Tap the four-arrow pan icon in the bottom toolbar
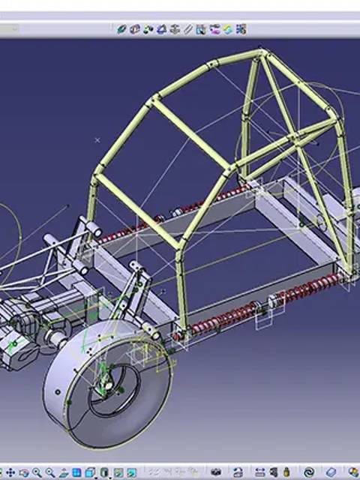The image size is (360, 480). (x=13, y=472)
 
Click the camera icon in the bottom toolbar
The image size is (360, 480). (x=216, y=472)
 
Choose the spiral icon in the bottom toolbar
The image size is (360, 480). (x=308, y=472)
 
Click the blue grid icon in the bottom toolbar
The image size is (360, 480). (x=76, y=472)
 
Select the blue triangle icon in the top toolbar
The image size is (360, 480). (x=160, y=29)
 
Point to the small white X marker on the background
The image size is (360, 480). (x=97, y=139)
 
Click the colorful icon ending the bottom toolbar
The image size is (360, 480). (x=352, y=472)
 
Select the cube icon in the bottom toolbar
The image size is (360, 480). (x=89, y=472)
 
